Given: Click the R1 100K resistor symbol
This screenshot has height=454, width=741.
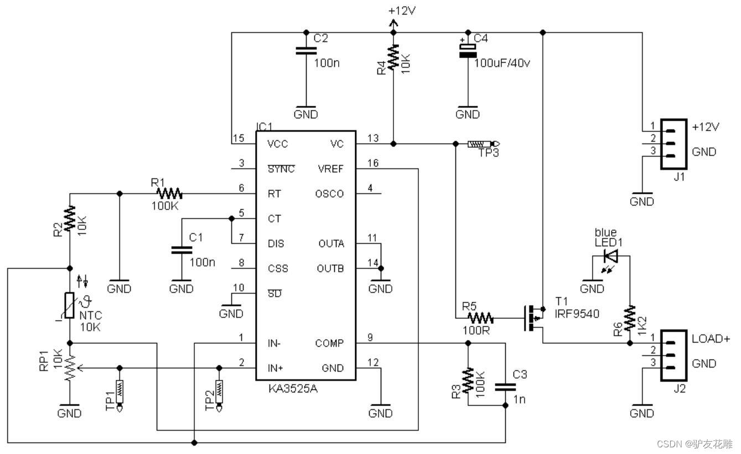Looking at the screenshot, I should [169, 193].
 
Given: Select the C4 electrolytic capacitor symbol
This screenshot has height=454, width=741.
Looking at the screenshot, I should [468, 51].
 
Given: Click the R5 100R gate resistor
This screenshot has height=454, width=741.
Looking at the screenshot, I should [480, 318].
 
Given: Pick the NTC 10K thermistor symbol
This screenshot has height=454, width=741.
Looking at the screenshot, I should [70, 306].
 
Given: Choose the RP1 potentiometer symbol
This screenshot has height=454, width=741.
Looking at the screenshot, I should [70, 367].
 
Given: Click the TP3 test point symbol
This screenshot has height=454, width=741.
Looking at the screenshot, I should [479, 144].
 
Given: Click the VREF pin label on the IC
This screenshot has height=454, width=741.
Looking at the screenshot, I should [330, 169].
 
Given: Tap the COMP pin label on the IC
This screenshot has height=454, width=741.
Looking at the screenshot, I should [329, 343].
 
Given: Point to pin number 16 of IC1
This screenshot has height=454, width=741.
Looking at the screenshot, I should [372, 162].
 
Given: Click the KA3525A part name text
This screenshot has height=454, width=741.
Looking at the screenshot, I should [292, 389].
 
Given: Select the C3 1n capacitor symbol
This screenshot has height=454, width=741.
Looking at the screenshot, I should [505, 387].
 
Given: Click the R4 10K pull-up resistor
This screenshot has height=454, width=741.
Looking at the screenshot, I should [393, 58].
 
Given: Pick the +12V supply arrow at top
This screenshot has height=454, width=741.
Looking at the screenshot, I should [393, 23].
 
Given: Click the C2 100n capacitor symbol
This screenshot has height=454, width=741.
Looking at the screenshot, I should [303, 51].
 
